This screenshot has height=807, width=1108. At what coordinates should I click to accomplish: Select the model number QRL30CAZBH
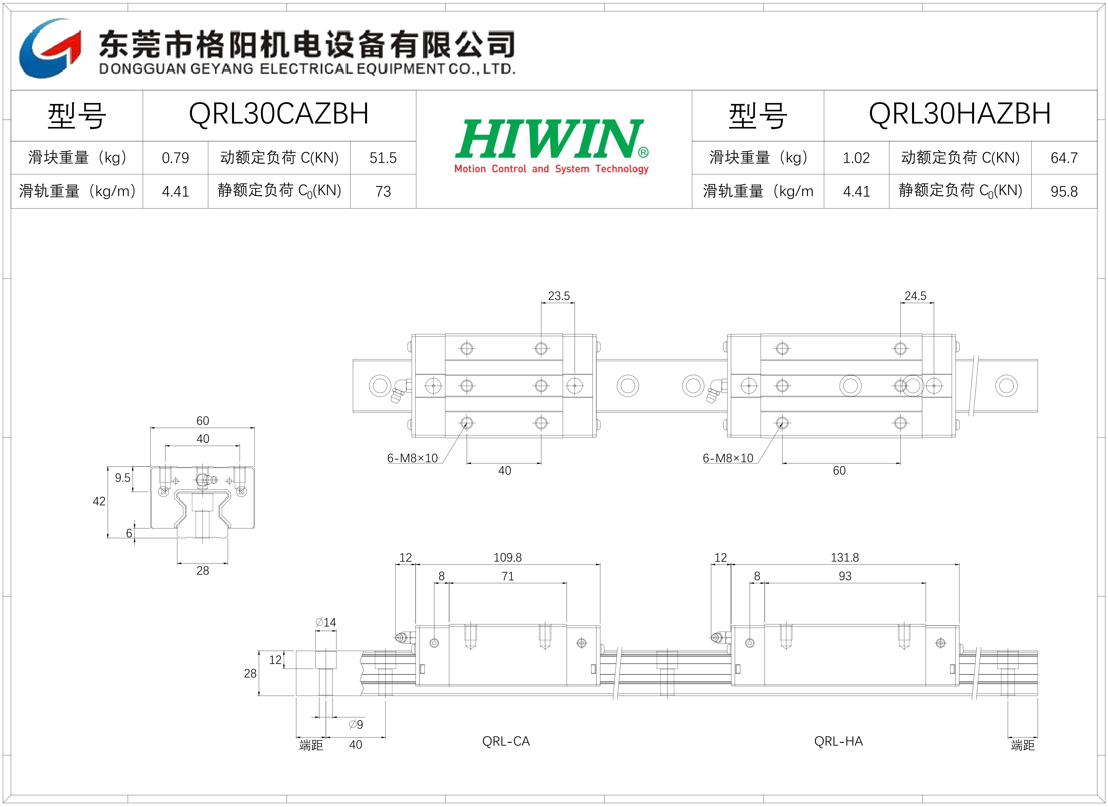coord(278,114)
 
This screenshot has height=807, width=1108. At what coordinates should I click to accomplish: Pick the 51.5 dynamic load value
coord(383,158)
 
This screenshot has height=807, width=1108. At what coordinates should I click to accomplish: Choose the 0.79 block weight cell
coord(175,158)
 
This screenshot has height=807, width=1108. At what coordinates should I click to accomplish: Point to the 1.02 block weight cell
coord(856,158)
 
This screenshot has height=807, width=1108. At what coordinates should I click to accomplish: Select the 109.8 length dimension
coord(507,557)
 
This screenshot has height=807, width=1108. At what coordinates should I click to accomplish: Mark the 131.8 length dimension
coord(845,557)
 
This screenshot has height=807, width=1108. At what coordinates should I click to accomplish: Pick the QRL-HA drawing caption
coord(838,741)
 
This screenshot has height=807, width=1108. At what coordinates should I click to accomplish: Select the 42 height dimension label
coord(99,501)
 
